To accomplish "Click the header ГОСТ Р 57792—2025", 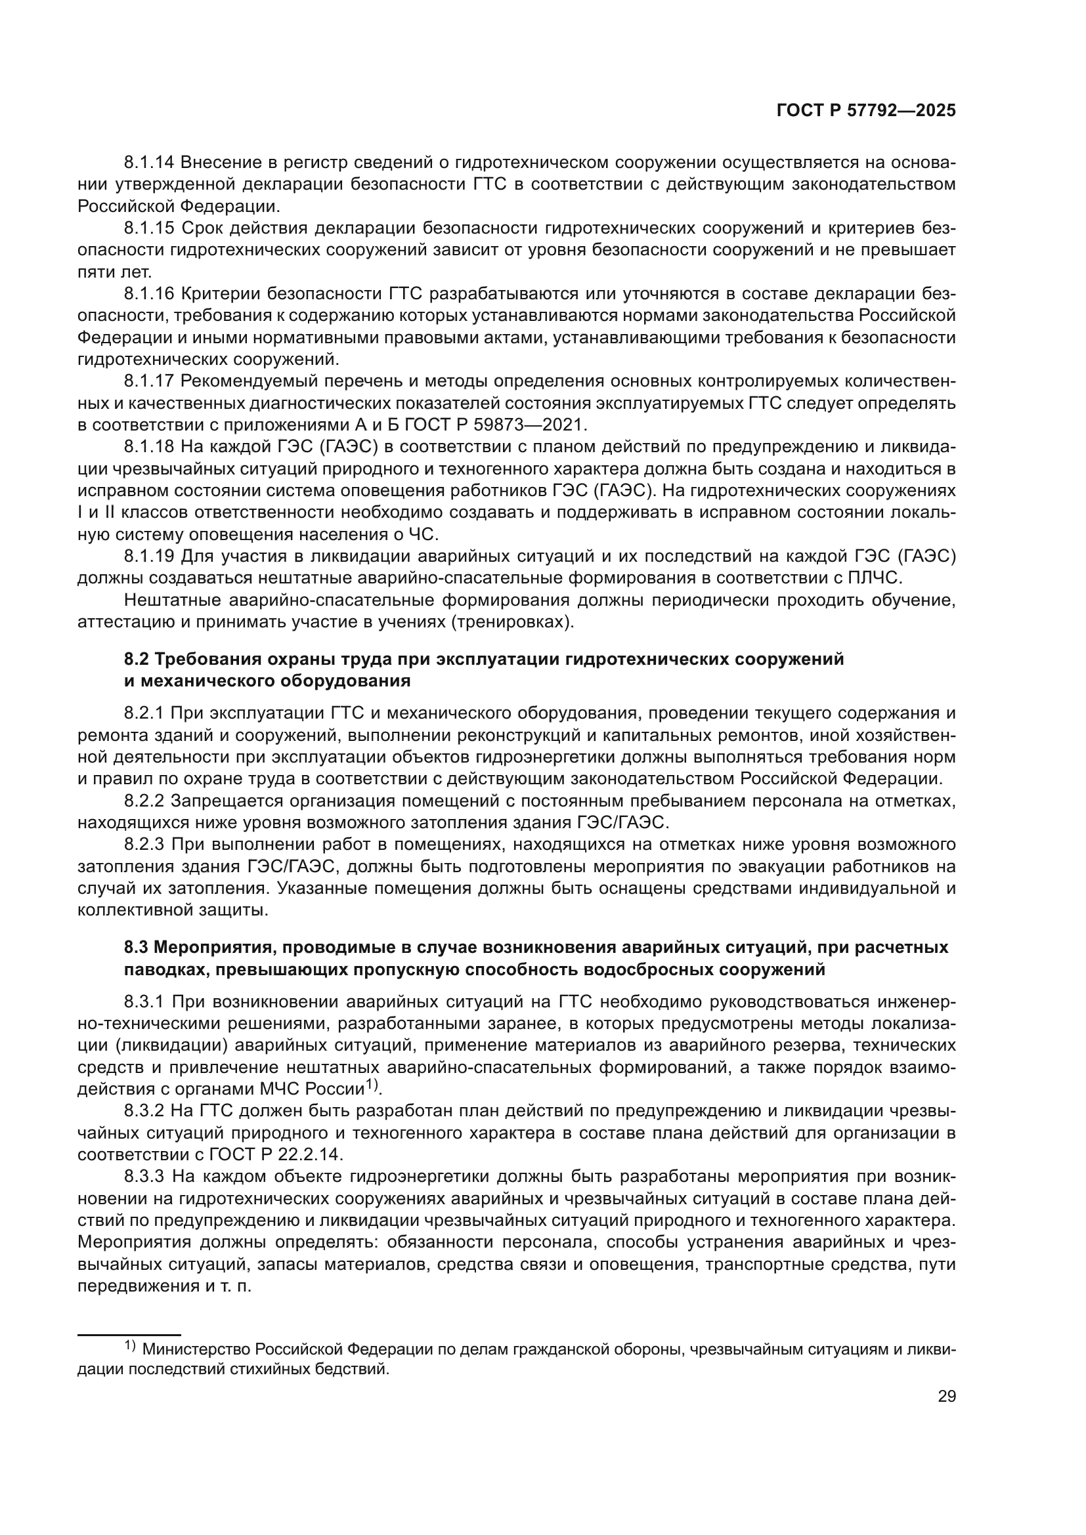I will click(x=866, y=111).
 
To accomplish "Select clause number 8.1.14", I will click(x=149, y=163).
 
